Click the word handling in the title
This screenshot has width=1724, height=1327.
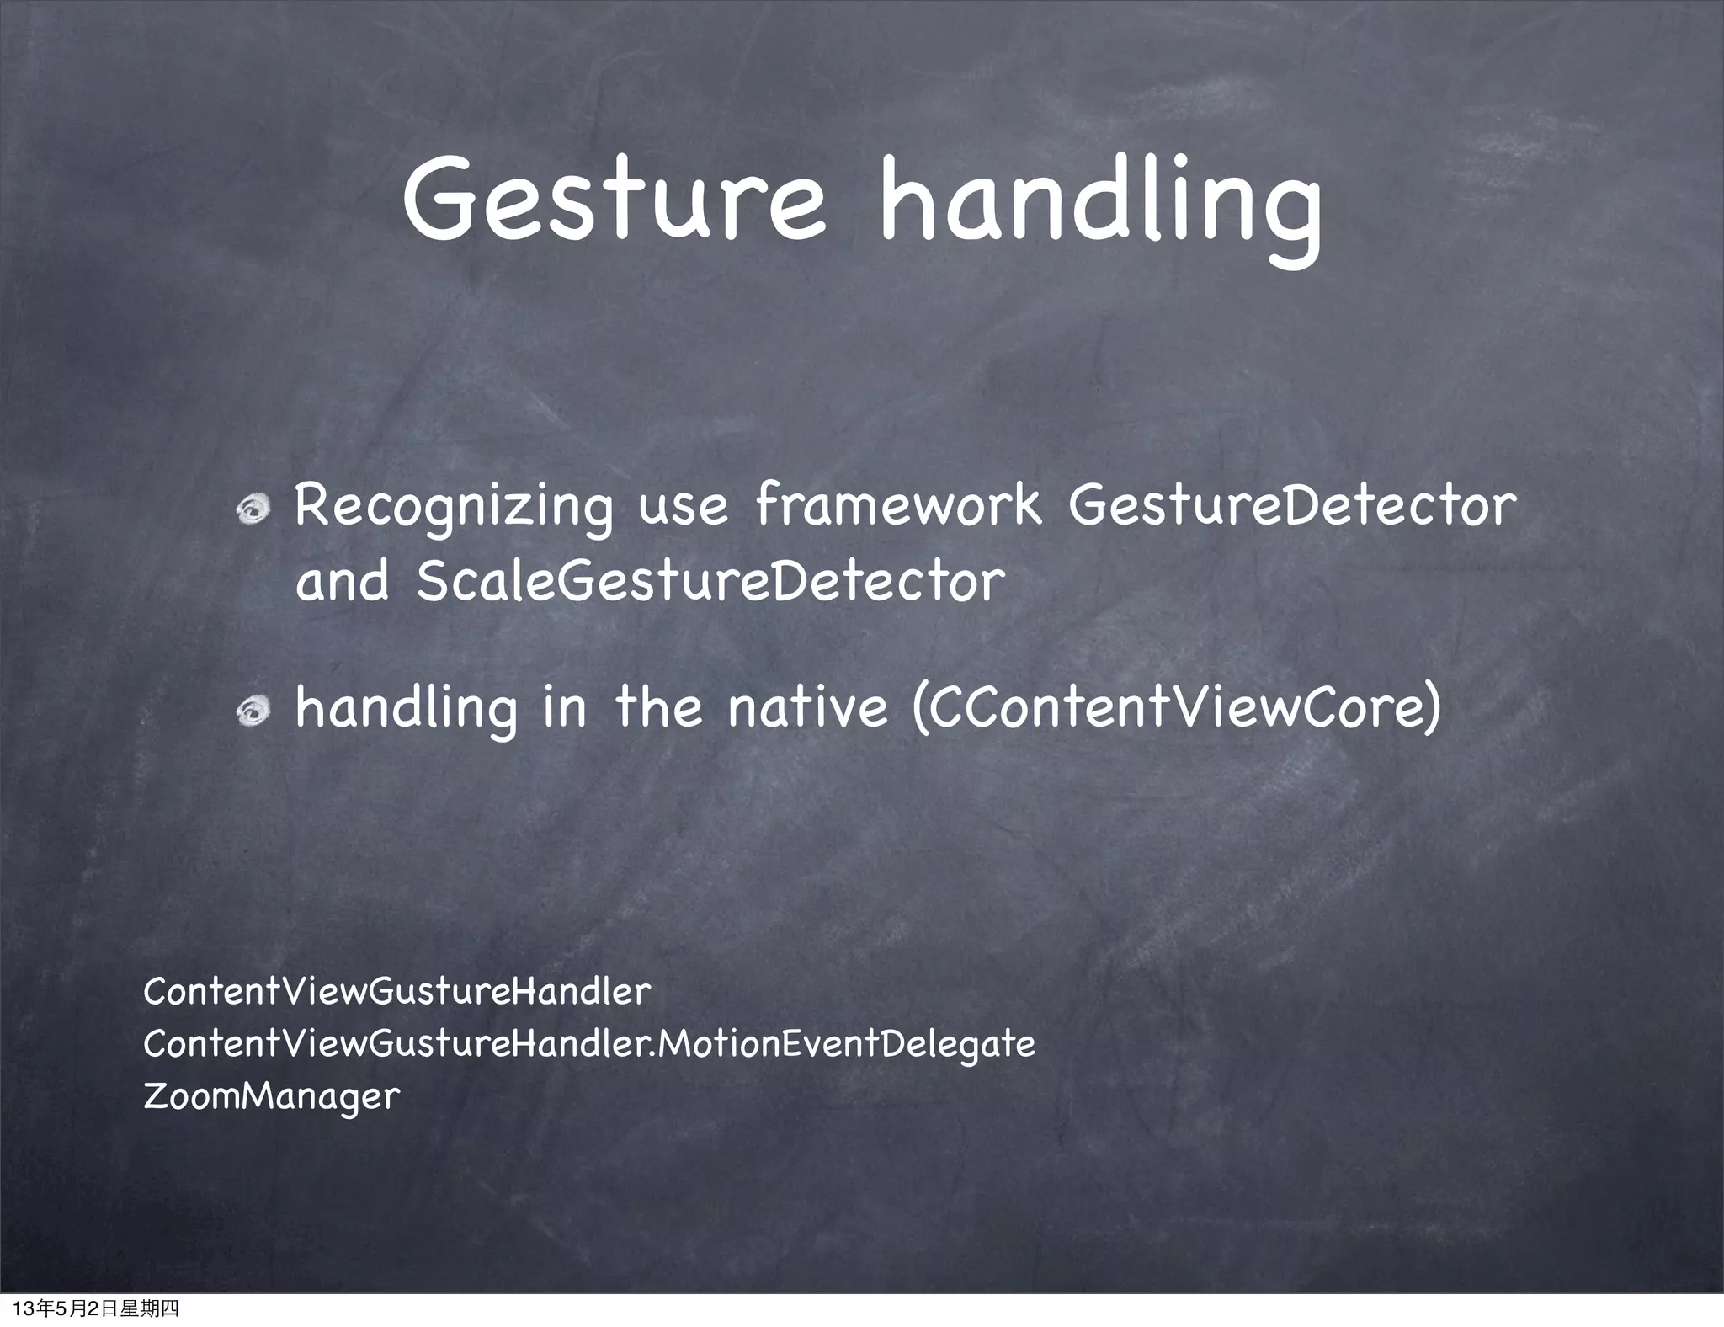coord(1099,206)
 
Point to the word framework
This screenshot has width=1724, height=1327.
coord(897,505)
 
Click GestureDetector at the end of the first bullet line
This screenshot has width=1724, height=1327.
coord(1291,505)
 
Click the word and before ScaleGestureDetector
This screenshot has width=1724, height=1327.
coord(343,581)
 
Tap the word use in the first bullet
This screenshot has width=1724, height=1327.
coord(683,509)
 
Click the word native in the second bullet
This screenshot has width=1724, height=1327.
coord(807,707)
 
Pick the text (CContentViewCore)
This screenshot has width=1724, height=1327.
coord(1177,707)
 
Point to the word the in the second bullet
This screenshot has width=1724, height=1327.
coord(658,707)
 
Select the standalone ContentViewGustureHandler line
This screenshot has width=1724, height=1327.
coord(396,992)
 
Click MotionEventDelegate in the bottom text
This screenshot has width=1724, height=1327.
coord(844,1044)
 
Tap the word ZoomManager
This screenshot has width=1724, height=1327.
coord(271,1096)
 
